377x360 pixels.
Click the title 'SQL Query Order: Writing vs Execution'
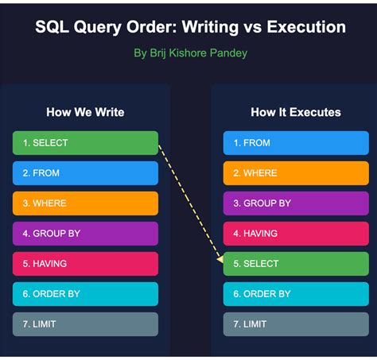[x=190, y=28]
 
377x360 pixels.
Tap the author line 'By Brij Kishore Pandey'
[x=190, y=54]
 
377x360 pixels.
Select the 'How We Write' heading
[x=86, y=112]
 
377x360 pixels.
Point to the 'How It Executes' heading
[x=296, y=112]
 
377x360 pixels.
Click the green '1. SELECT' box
[x=86, y=143]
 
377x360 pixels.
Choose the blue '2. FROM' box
[x=86, y=173]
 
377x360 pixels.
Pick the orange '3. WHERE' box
[x=86, y=203]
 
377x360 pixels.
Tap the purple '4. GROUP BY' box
[x=86, y=234]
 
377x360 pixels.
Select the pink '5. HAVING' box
[x=86, y=264]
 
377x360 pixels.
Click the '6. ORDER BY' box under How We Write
[x=86, y=294]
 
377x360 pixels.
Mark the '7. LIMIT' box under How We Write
[x=86, y=324]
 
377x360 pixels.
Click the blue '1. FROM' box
[x=296, y=143]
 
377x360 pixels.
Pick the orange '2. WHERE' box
[x=296, y=173]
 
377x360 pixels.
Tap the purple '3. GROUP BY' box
[x=296, y=203]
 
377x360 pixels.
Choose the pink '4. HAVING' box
[x=296, y=234]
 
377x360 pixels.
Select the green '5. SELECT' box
[x=296, y=264]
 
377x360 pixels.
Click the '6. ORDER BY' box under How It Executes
[x=296, y=294]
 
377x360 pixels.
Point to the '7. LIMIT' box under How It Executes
[x=296, y=324]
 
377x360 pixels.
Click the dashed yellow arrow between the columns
[x=191, y=203]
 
